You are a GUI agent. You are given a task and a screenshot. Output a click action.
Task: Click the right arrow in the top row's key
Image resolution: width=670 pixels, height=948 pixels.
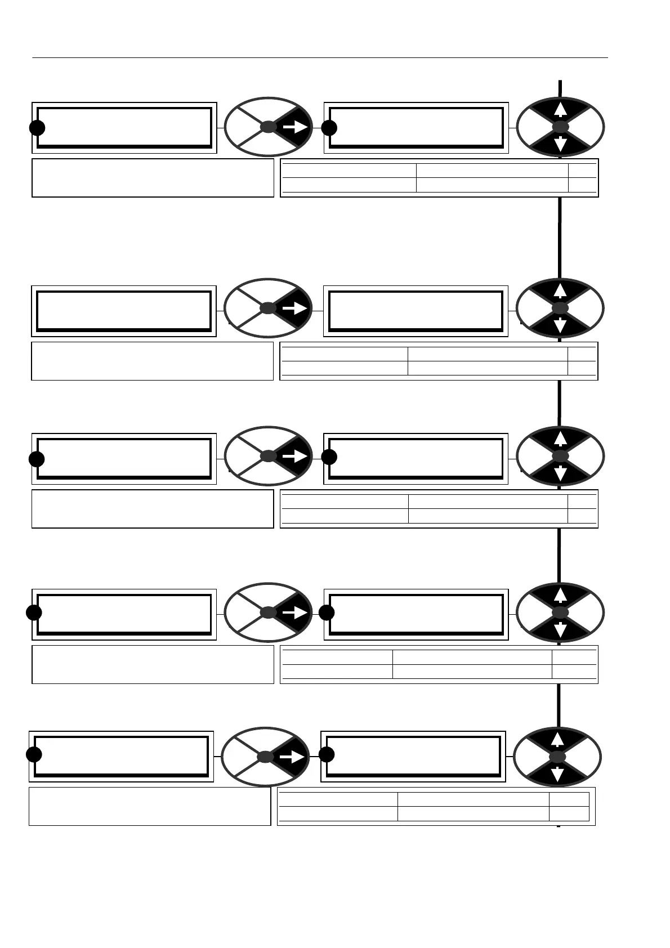point(295,128)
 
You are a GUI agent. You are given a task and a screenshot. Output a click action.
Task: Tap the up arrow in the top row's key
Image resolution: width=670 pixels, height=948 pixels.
point(560,110)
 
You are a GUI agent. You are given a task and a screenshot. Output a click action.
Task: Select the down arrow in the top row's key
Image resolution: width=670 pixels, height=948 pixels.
point(560,145)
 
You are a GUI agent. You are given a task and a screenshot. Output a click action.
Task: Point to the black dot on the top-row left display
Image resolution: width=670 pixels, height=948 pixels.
point(37,128)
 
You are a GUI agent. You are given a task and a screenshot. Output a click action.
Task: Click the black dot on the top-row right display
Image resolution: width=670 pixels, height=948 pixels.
point(329,128)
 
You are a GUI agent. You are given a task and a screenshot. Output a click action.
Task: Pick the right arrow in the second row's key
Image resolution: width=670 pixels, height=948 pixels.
point(295,308)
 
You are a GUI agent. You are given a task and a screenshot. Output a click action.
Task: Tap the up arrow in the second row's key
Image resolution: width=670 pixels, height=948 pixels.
point(560,290)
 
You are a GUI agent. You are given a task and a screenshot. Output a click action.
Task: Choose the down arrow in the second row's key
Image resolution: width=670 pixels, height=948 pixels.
point(560,325)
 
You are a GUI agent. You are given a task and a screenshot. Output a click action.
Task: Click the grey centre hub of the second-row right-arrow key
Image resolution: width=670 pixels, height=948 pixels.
point(269,308)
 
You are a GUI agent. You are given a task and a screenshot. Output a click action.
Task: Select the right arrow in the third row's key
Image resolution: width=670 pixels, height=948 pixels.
point(295,456)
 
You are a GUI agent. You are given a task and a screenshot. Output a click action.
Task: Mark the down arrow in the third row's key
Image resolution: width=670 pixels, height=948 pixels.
point(560,473)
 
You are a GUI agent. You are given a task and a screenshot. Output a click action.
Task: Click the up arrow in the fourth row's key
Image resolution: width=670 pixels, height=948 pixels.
point(560,595)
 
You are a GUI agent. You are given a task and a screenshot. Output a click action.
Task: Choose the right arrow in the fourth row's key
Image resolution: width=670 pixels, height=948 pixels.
point(295,612)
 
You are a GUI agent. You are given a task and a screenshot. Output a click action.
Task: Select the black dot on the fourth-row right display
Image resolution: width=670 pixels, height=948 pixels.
point(327,612)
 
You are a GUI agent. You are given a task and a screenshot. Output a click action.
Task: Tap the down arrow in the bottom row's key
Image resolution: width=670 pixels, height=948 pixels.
point(557,773)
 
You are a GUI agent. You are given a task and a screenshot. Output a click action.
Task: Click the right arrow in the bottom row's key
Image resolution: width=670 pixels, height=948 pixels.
point(292,756)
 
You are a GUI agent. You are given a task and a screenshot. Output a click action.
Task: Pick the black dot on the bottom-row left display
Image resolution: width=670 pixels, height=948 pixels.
point(34,754)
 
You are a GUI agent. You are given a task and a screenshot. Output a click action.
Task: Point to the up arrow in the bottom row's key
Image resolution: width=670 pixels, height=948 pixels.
point(557,739)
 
